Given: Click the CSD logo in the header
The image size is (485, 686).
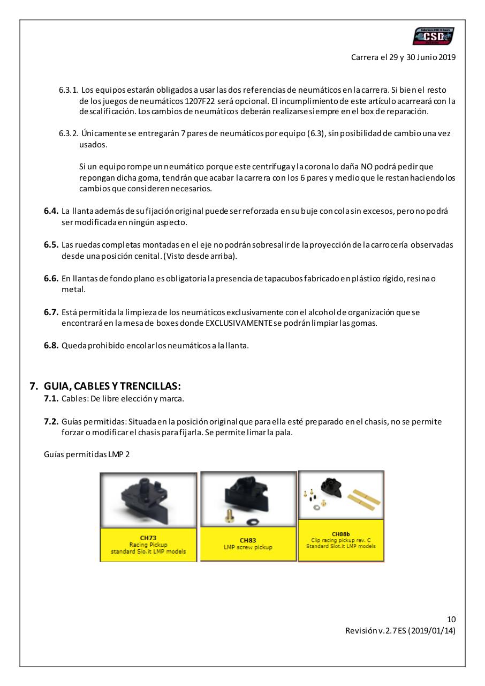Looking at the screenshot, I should tap(434, 36).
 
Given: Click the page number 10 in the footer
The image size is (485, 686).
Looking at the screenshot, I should tap(451, 620).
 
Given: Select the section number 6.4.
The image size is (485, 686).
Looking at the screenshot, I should tap(51, 211).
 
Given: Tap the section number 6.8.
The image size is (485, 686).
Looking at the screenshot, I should tap(51, 346).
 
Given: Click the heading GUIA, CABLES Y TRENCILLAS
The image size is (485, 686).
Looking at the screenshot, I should tap(112, 386).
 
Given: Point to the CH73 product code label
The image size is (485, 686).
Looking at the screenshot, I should tap(148, 538).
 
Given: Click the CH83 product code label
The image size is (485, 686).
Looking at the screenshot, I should tap(248, 540).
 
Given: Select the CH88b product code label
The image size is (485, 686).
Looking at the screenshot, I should tap(341, 534).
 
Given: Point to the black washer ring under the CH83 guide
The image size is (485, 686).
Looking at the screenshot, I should tap(251, 521).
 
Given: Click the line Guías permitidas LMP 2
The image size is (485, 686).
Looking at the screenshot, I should tap(87, 454).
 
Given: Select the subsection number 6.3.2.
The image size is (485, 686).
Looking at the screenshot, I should tap(69, 133).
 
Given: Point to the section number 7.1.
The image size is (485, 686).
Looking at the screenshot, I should tap(51, 399).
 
